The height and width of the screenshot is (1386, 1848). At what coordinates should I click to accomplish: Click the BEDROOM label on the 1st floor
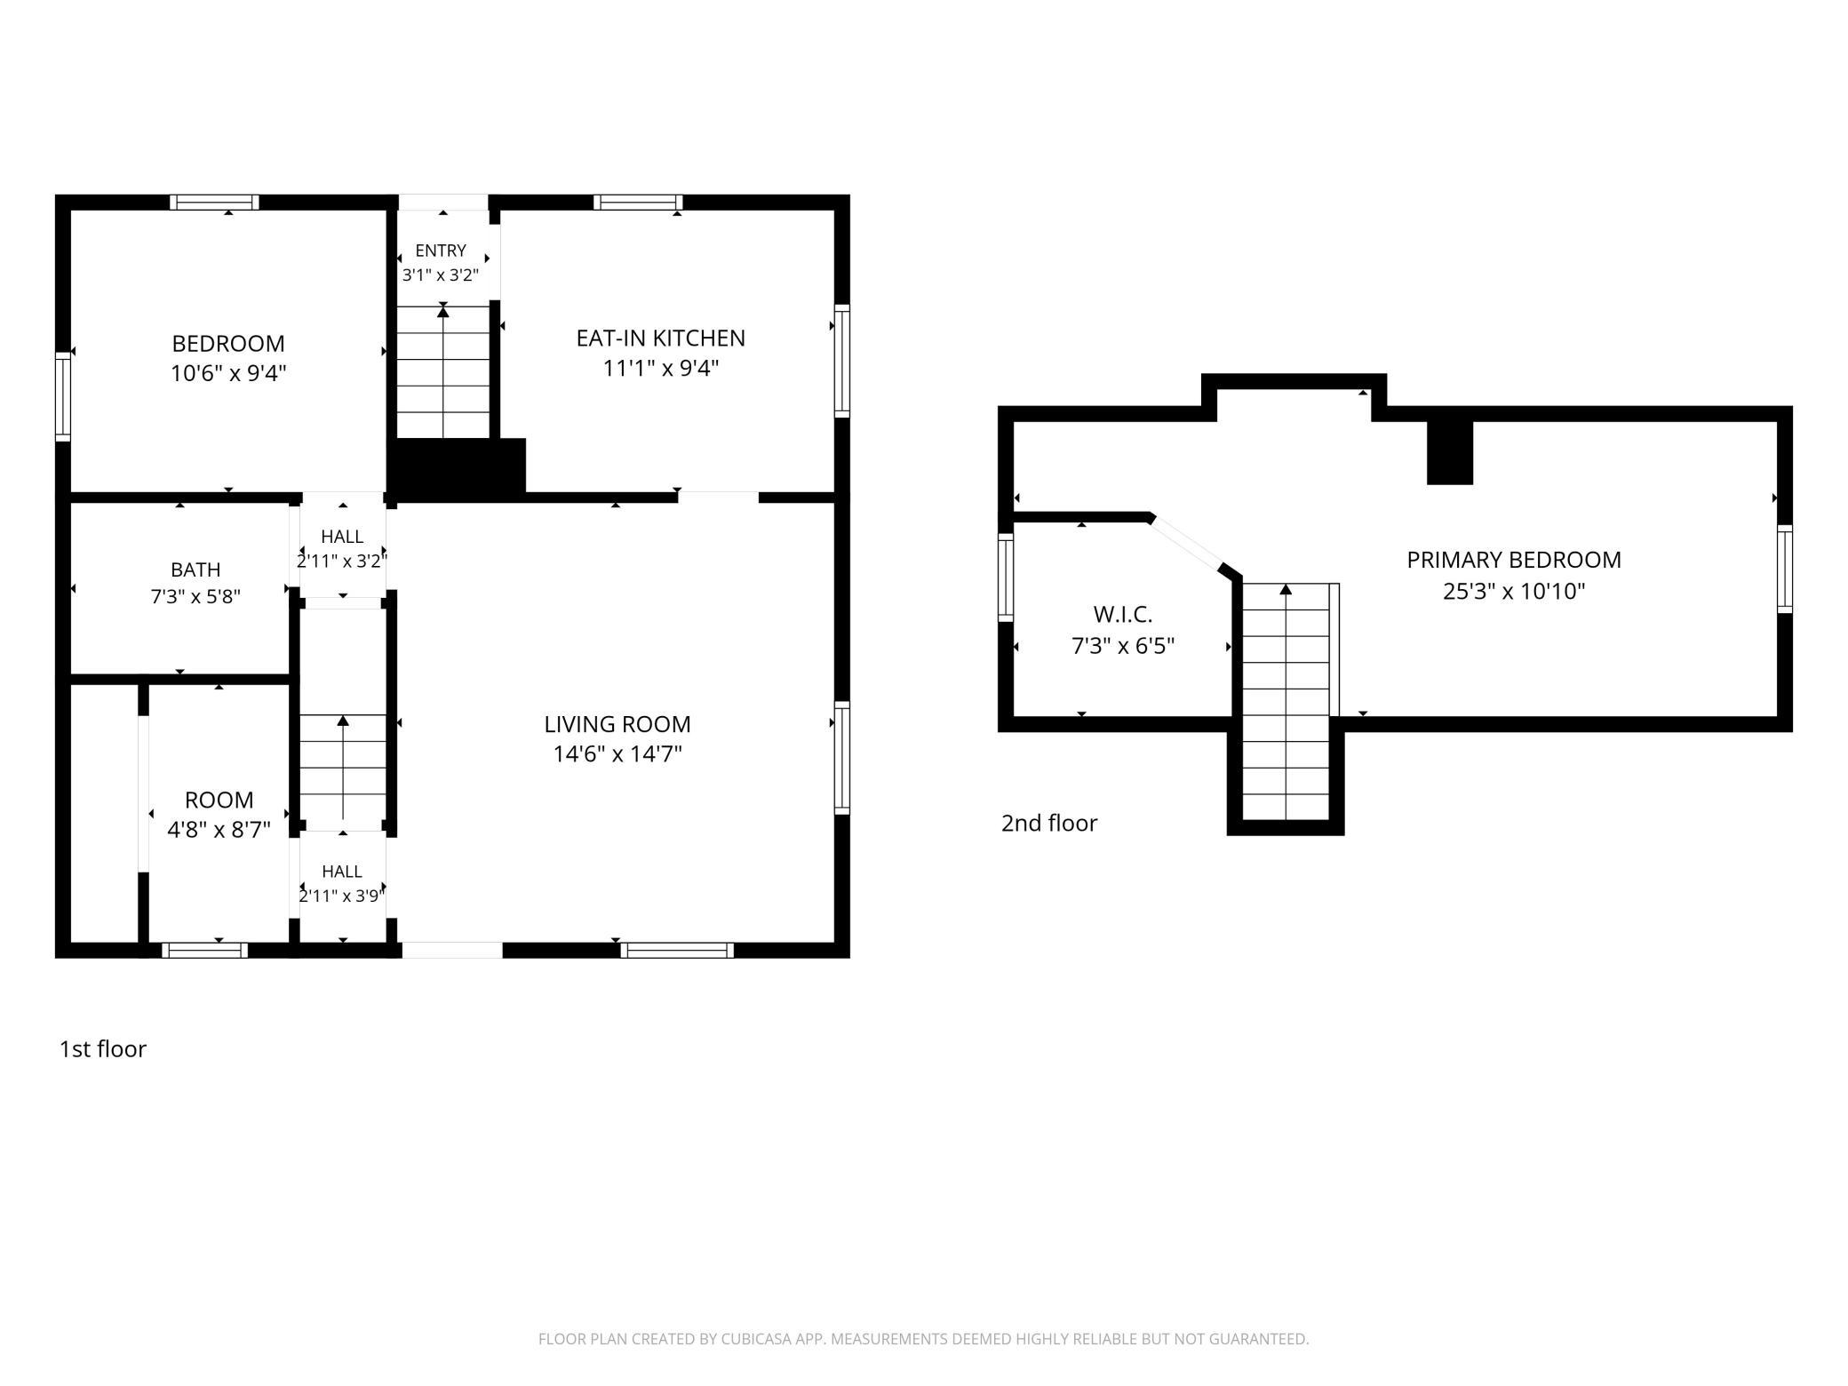[228, 343]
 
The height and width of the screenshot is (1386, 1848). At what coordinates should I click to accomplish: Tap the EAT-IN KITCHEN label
[661, 338]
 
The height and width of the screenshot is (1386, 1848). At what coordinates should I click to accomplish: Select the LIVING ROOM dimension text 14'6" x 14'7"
[617, 754]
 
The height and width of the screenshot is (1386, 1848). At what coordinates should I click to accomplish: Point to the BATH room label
[195, 570]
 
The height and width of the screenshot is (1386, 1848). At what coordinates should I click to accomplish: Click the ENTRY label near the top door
[441, 251]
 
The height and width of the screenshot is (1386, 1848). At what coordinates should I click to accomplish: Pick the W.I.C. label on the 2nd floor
[1123, 614]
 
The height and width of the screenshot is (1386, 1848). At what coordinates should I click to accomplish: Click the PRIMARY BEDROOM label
[1514, 560]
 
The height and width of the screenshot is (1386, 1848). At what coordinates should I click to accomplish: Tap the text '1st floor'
[103, 1048]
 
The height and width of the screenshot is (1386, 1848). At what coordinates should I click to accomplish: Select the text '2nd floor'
[1049, 823]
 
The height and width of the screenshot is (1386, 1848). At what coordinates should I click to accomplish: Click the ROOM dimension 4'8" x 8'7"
[219, 830]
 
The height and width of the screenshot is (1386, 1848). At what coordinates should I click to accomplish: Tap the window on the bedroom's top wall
[215, 202]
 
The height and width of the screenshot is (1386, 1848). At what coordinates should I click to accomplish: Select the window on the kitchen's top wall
[638, 202]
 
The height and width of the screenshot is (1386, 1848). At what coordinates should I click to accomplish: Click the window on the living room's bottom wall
[677, 950]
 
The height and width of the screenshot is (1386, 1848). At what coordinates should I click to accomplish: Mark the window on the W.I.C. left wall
[1006, 577]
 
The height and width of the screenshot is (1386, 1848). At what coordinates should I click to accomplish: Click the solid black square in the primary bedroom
[1450, 452]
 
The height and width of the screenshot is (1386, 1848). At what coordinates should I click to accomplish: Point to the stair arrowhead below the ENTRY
[442, 311]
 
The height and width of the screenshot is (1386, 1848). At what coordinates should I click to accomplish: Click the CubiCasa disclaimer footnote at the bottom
[924, 1339]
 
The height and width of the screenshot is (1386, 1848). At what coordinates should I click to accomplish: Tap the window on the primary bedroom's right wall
[1785, 569]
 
